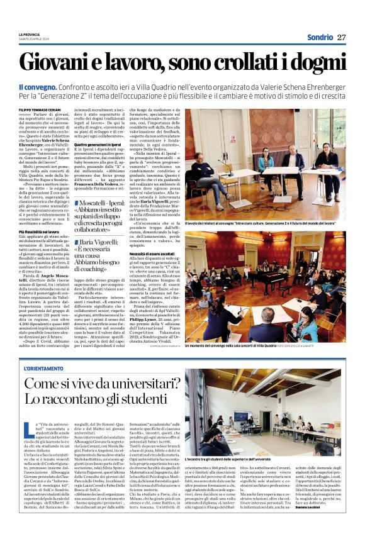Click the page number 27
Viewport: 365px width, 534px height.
(x=342, y=37)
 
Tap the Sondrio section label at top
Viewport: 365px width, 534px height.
(x=320, y=37)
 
